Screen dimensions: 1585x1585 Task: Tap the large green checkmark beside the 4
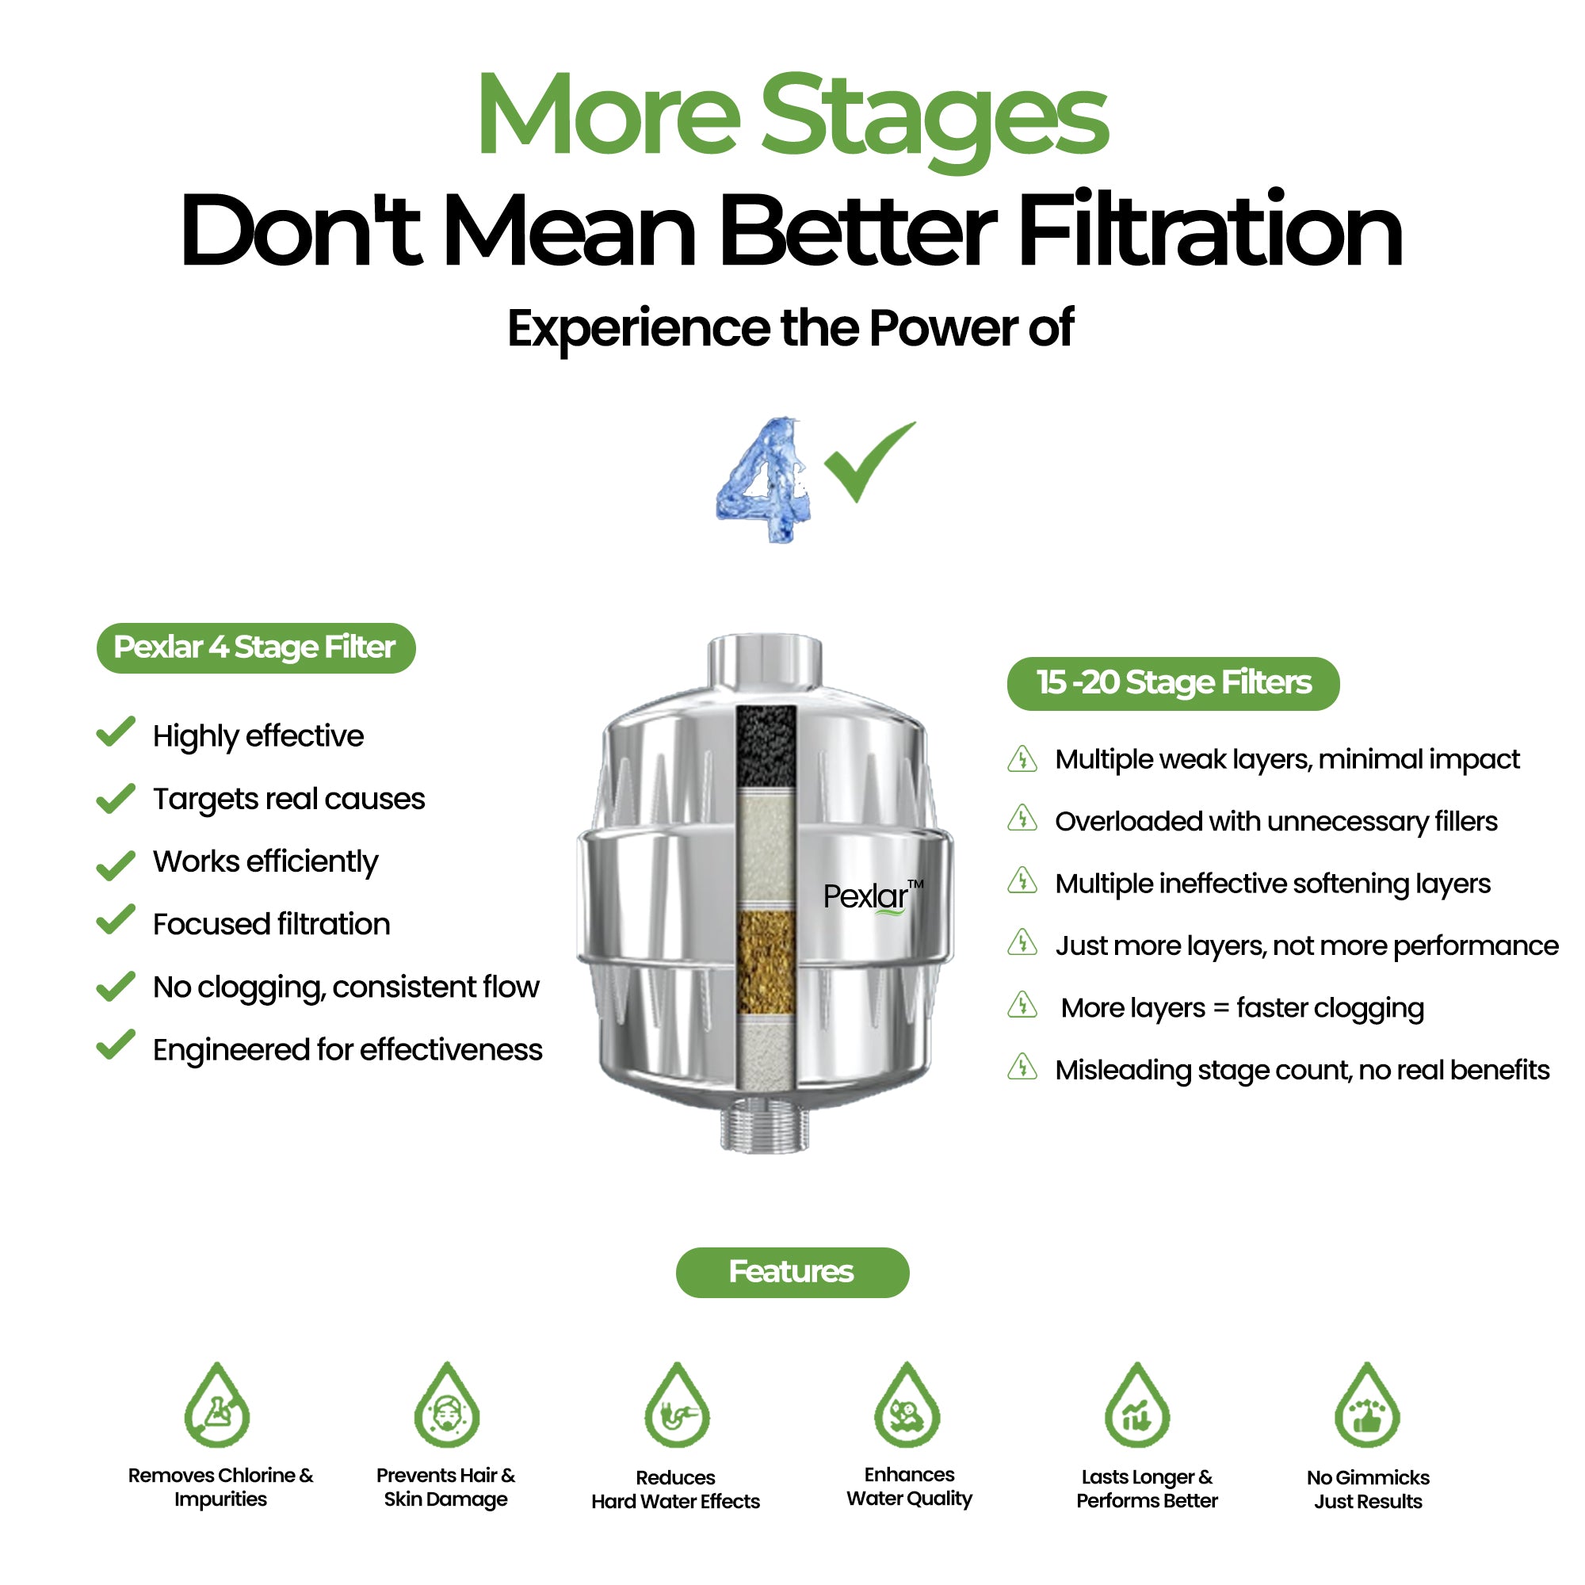point(869,462)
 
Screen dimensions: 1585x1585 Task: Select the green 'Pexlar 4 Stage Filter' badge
point(256,648)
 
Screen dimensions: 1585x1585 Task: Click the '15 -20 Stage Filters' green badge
point(1173,683)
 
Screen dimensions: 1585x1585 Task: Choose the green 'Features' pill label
point(792,1272)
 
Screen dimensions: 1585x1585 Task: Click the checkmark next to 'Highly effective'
point(116,731)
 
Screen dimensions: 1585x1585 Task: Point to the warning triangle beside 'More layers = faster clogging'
point(1022,1004)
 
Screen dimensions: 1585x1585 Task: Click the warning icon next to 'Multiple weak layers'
point(1022,758)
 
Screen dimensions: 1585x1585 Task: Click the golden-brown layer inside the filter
point(766,961)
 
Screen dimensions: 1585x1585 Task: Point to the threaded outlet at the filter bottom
point(765,1129)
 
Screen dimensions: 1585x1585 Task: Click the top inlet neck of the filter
point(765,660)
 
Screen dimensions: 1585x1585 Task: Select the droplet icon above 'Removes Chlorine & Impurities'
point(216,1405)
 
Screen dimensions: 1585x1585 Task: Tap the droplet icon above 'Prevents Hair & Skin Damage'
point(446,1405)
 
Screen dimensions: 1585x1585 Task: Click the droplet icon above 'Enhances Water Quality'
point(907,1405)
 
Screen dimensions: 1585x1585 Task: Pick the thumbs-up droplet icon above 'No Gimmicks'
point(1368,1405)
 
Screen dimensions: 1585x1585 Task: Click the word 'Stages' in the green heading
point(935,119)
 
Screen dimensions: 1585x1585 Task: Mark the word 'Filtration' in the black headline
point(1211,230)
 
